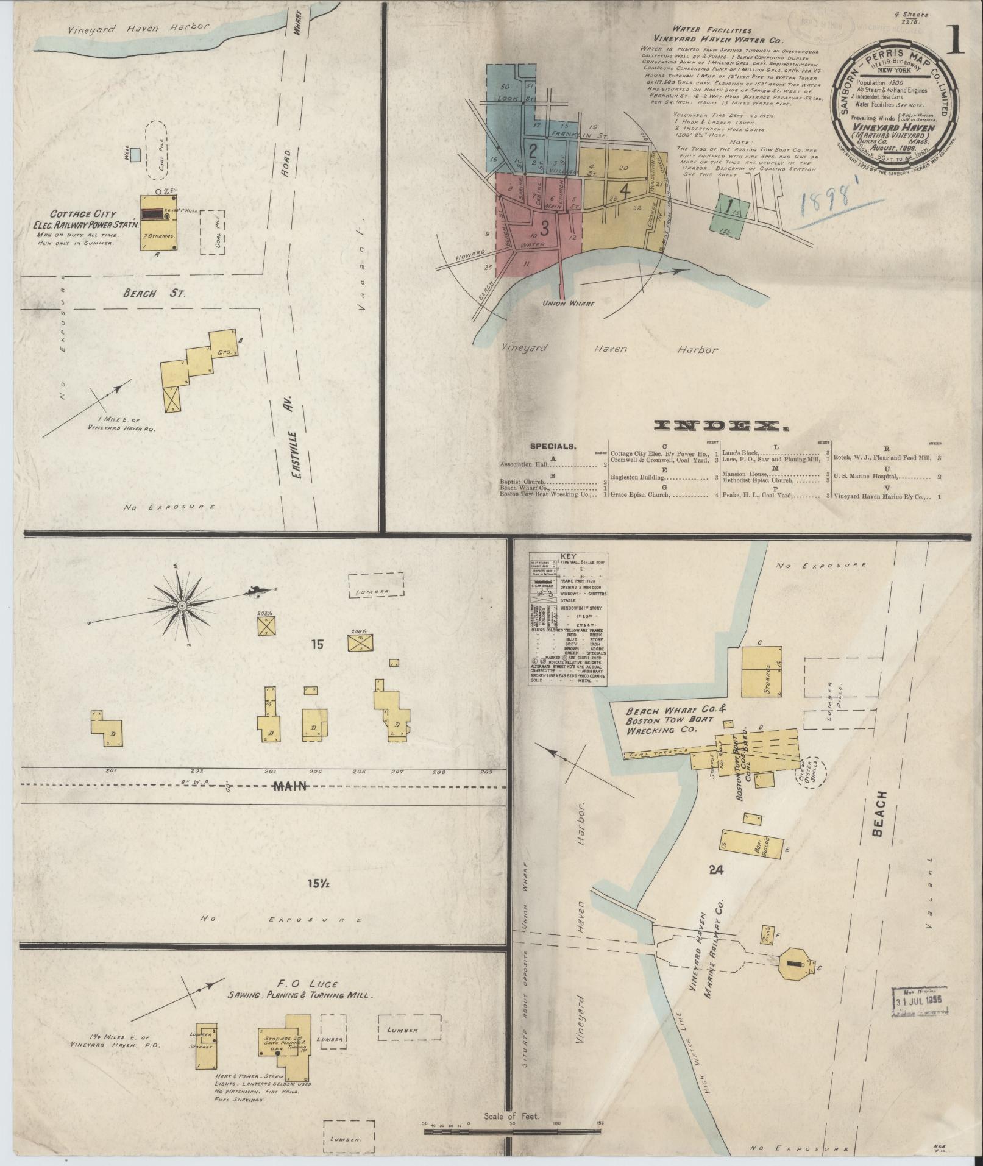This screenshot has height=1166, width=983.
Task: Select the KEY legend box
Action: (x=569, y=621)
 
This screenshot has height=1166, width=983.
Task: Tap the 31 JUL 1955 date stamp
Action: (x=921, y=1001)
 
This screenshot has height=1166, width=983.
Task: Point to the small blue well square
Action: (x=135, y=155)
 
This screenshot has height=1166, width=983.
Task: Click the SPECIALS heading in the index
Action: (x=552, y=446)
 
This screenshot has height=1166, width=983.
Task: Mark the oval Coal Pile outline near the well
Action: (x=161, y=149)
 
